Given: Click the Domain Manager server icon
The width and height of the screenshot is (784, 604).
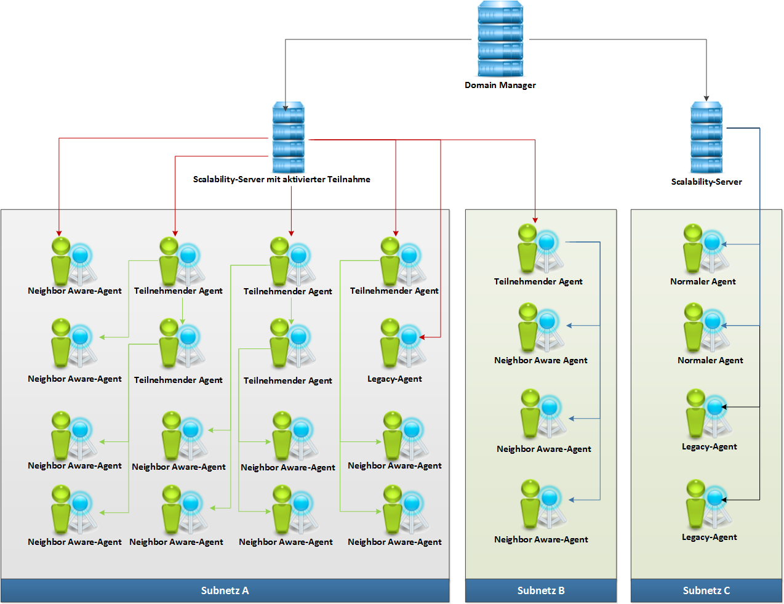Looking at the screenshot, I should pyautogui.click(x=500, y=39).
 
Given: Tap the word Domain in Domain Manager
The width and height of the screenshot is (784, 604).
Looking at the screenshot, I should pyautogui.click(x=480, y=86).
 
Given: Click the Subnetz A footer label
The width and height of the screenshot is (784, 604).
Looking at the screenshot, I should pyautogui.click(x=225, y=590).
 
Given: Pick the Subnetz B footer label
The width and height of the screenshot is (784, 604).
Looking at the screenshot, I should pyautogui.click(x=541, y=590).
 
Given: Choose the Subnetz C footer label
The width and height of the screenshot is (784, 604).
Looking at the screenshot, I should pyautogui.click(x=706, y=590).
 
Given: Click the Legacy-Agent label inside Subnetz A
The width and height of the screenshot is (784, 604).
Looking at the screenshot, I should pyautogui.click(x=394, y=379).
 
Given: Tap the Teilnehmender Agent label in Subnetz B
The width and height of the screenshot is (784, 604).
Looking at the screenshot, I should pyautogui.click(x=538, y=281).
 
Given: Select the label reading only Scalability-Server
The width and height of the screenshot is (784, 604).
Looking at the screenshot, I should pyautogui.click(x=706, y=182).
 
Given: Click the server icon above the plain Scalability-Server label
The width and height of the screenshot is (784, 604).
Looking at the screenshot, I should pyautogui.click(x=706, y=137).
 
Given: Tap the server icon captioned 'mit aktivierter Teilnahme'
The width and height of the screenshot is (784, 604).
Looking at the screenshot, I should pyautogui.click(x=288, y=137).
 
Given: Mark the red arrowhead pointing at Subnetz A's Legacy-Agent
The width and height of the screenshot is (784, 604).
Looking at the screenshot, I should pyautogui.click(x=422, y=337).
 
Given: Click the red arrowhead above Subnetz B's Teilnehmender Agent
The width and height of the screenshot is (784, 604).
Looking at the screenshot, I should pyautogui.click(x=535, y=219).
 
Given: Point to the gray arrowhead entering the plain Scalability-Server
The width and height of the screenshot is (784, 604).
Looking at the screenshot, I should pyautogui.click(x=706, y=99).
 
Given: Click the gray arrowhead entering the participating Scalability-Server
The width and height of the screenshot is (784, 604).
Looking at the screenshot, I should pyautogui.click(x=286, y=108).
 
